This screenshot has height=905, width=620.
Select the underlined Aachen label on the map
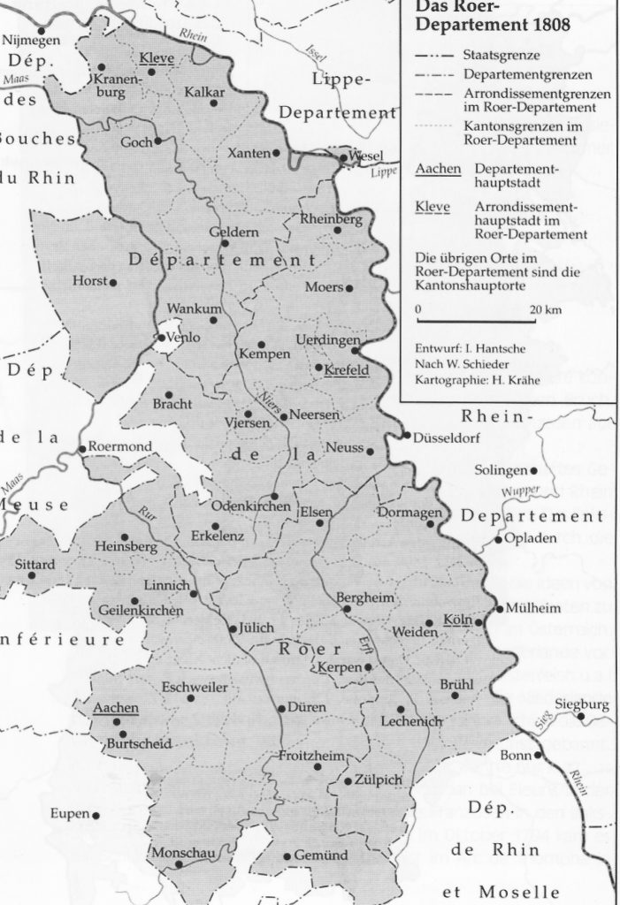[115, 708]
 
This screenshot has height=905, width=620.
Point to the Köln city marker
[478, 622]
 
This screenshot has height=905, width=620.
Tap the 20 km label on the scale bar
[547, 311]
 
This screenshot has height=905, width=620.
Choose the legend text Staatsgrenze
[497, 55]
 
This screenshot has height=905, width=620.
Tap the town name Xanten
[249, 153]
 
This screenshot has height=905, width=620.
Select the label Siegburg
[581, 704]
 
